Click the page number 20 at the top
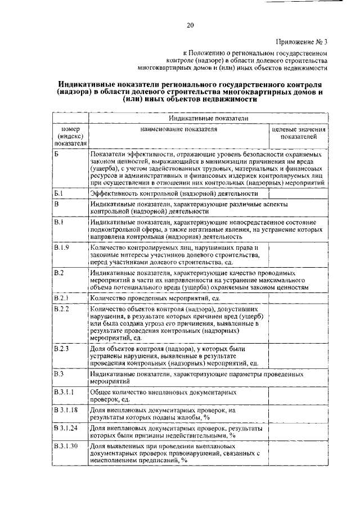click(x=190, y=24)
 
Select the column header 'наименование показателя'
click(x=178, y=129)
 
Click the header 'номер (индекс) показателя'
click(x=70, y=136)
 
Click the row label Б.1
click(x=60, y=193)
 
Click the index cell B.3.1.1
click(x=64, y=391)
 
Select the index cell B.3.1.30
click(x=65, y=447)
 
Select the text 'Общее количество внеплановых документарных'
click(x=163, y=391)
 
